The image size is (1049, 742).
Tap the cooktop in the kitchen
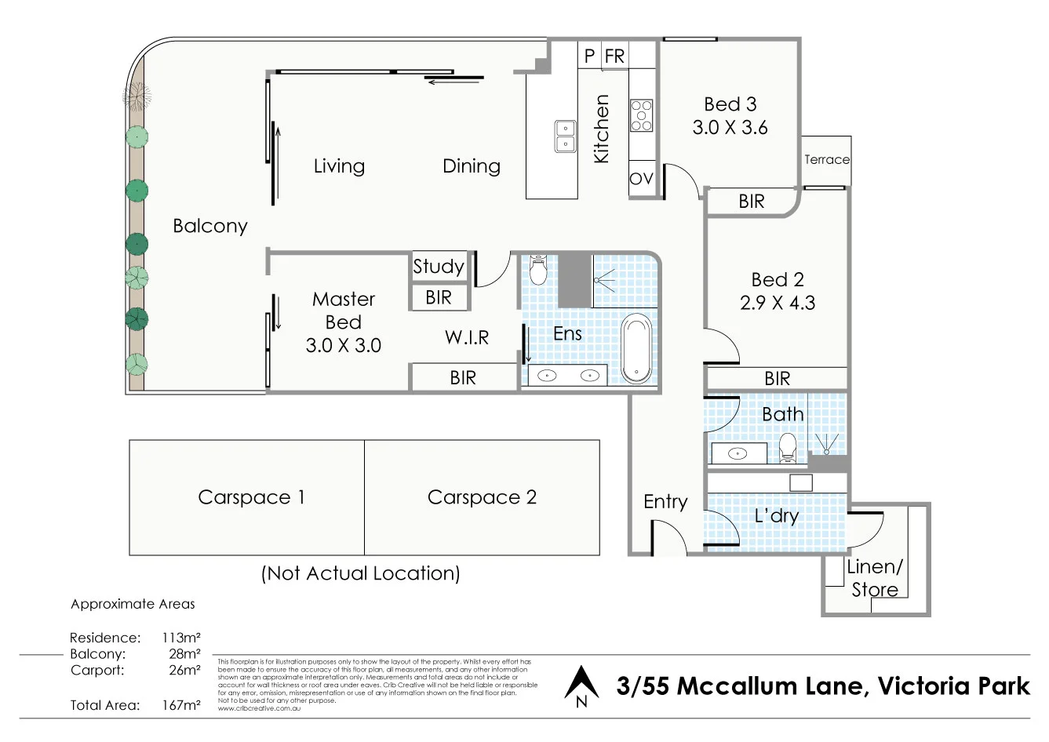pos(641,115)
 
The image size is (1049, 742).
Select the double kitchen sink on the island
pos(564,136)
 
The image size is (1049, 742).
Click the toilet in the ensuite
pos(538,269)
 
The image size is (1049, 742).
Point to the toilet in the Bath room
pos(787,448)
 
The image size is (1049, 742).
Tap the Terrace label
pos(826,159)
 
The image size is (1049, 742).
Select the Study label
pos(439,267)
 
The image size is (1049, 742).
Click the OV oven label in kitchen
pos(641,179)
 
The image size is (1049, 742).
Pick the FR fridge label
pos(615,56)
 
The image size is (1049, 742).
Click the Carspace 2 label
pos(482,497)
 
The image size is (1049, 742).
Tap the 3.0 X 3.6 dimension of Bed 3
pos(730,128)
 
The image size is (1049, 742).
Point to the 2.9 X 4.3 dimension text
pos(777,303)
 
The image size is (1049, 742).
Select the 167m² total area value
pos(181,705)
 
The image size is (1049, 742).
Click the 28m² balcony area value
pos(185,654)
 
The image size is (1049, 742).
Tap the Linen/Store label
pos(875,578)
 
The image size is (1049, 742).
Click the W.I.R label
pos(467,337)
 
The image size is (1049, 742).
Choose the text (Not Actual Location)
pos(360,573)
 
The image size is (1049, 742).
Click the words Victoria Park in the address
pos(953,686)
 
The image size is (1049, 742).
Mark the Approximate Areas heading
pos(133,604)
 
